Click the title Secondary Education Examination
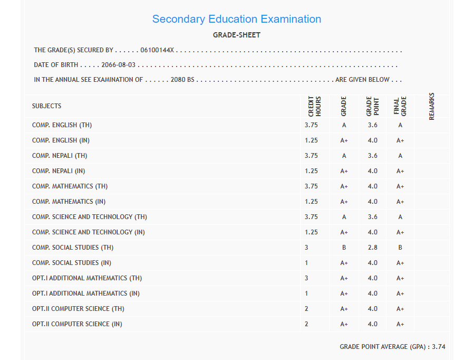tap(236, 19)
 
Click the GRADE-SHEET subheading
tap(236, 35)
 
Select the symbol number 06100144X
tap(158, 51)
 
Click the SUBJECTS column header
tap(46, 106)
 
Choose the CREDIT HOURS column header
tap(315, 106)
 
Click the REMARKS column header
tap(432, 106)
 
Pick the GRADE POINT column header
tap(372, 106)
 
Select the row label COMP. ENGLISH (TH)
tap(62, 126)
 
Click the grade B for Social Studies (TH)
tap(344, 248)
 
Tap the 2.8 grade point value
tap(373, 248)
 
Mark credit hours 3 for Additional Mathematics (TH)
tap(306, 278)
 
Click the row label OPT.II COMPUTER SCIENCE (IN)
tap(77, 324)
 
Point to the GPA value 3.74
tap(439, 347)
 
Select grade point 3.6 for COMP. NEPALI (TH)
tap(373, 156)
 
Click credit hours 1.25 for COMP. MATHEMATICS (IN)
tap(311, 202)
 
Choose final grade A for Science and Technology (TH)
tap(400, 217)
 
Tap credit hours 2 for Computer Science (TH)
tap(306, 309)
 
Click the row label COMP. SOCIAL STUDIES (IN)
tap(72, 263)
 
